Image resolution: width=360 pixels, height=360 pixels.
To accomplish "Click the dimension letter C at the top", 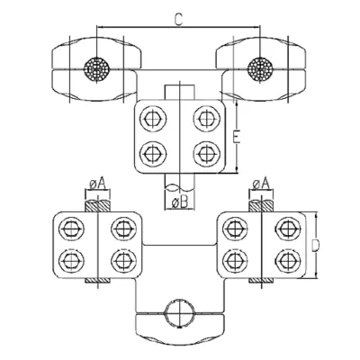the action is coord(178,20).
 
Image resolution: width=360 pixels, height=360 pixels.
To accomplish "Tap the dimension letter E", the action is coord(237,138).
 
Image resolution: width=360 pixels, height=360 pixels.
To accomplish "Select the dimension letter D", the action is coord(315,246).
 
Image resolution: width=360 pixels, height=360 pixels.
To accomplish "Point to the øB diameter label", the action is coord(180,203).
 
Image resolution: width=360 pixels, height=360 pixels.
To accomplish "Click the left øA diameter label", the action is coord(98,184).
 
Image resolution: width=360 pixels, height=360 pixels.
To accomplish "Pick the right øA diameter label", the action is coord(261,184).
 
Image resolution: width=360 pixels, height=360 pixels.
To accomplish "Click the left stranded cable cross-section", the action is coord(96,69).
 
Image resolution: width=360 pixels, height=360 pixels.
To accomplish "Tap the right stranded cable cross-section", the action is coord(260,69).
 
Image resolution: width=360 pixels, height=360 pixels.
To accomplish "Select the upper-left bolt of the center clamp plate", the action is coord(153,119).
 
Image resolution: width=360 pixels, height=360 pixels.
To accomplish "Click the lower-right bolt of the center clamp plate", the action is coord(205,153).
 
